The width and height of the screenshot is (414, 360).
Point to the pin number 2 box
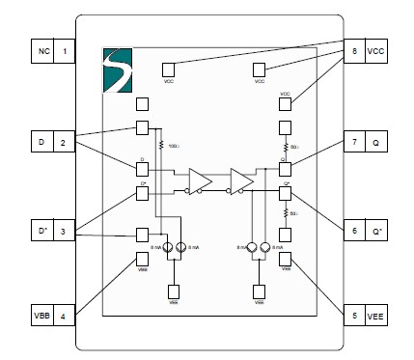click(x=65, y=144)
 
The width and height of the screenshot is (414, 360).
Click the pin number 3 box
click(x=65, y=233)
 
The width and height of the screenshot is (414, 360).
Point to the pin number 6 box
click(x=354, y=233)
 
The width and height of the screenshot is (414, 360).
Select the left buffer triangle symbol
click(x=201, y=180)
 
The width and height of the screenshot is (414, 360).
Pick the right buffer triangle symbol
click(x=241, y=180)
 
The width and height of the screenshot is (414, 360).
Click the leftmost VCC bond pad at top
click(x=168, y=69)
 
